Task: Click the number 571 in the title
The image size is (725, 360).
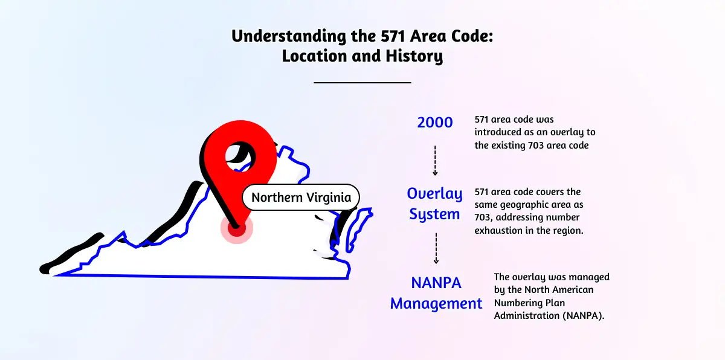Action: click(x=393, y=36)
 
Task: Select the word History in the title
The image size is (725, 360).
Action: click(x=414, y=56)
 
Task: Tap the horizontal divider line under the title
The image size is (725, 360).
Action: click(x=362, y=83)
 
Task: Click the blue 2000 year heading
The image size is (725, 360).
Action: click(x=434, y=123)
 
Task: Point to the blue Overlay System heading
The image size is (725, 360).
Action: click(x=434, y=204)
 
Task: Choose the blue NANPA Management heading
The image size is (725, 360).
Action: click(x=436, y=293)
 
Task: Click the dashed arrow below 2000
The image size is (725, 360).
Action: click(x=435, y=161)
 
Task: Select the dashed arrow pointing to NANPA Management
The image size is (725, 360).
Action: click(x=436, y=248)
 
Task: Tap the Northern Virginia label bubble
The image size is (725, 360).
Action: click(x=301, y=198)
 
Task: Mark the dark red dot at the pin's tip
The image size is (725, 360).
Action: click(x=237, y=228)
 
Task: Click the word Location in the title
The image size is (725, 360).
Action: click(x=315, y=56)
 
